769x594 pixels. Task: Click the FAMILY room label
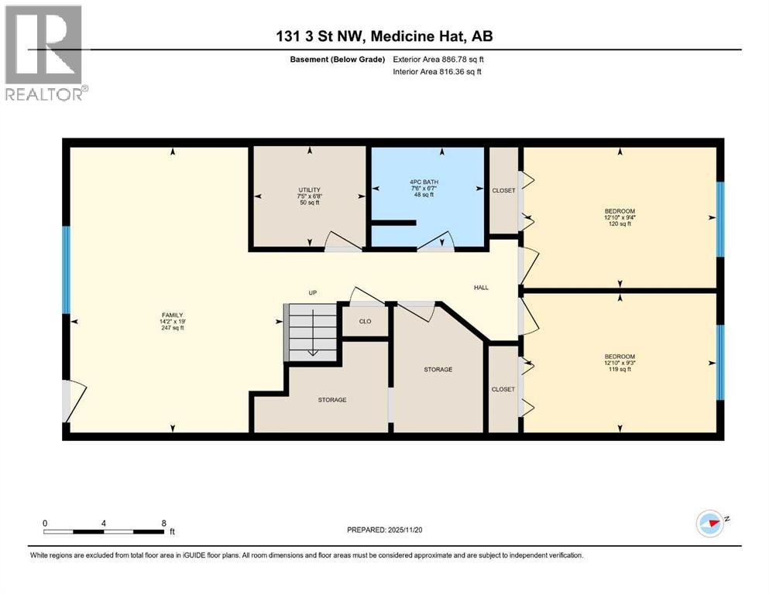[x=172, y=316]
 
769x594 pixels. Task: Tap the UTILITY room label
[x=310, y=189]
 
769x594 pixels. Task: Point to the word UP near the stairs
[x=312, y=293]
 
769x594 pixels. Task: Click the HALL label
[x=481, y=288]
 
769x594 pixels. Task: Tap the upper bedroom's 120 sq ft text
[x=620, y=224]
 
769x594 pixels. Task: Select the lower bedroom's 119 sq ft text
[x=620, y=370]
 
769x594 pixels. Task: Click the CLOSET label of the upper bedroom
[x=503, y=190]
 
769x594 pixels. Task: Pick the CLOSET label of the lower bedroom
[x=503, y=389]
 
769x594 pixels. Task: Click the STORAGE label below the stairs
[x=331, y=400]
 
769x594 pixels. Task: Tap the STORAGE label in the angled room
[x=438, y=370]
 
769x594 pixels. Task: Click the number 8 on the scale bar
[x=163, y=523]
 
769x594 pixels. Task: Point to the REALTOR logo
[x=45, y=53]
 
